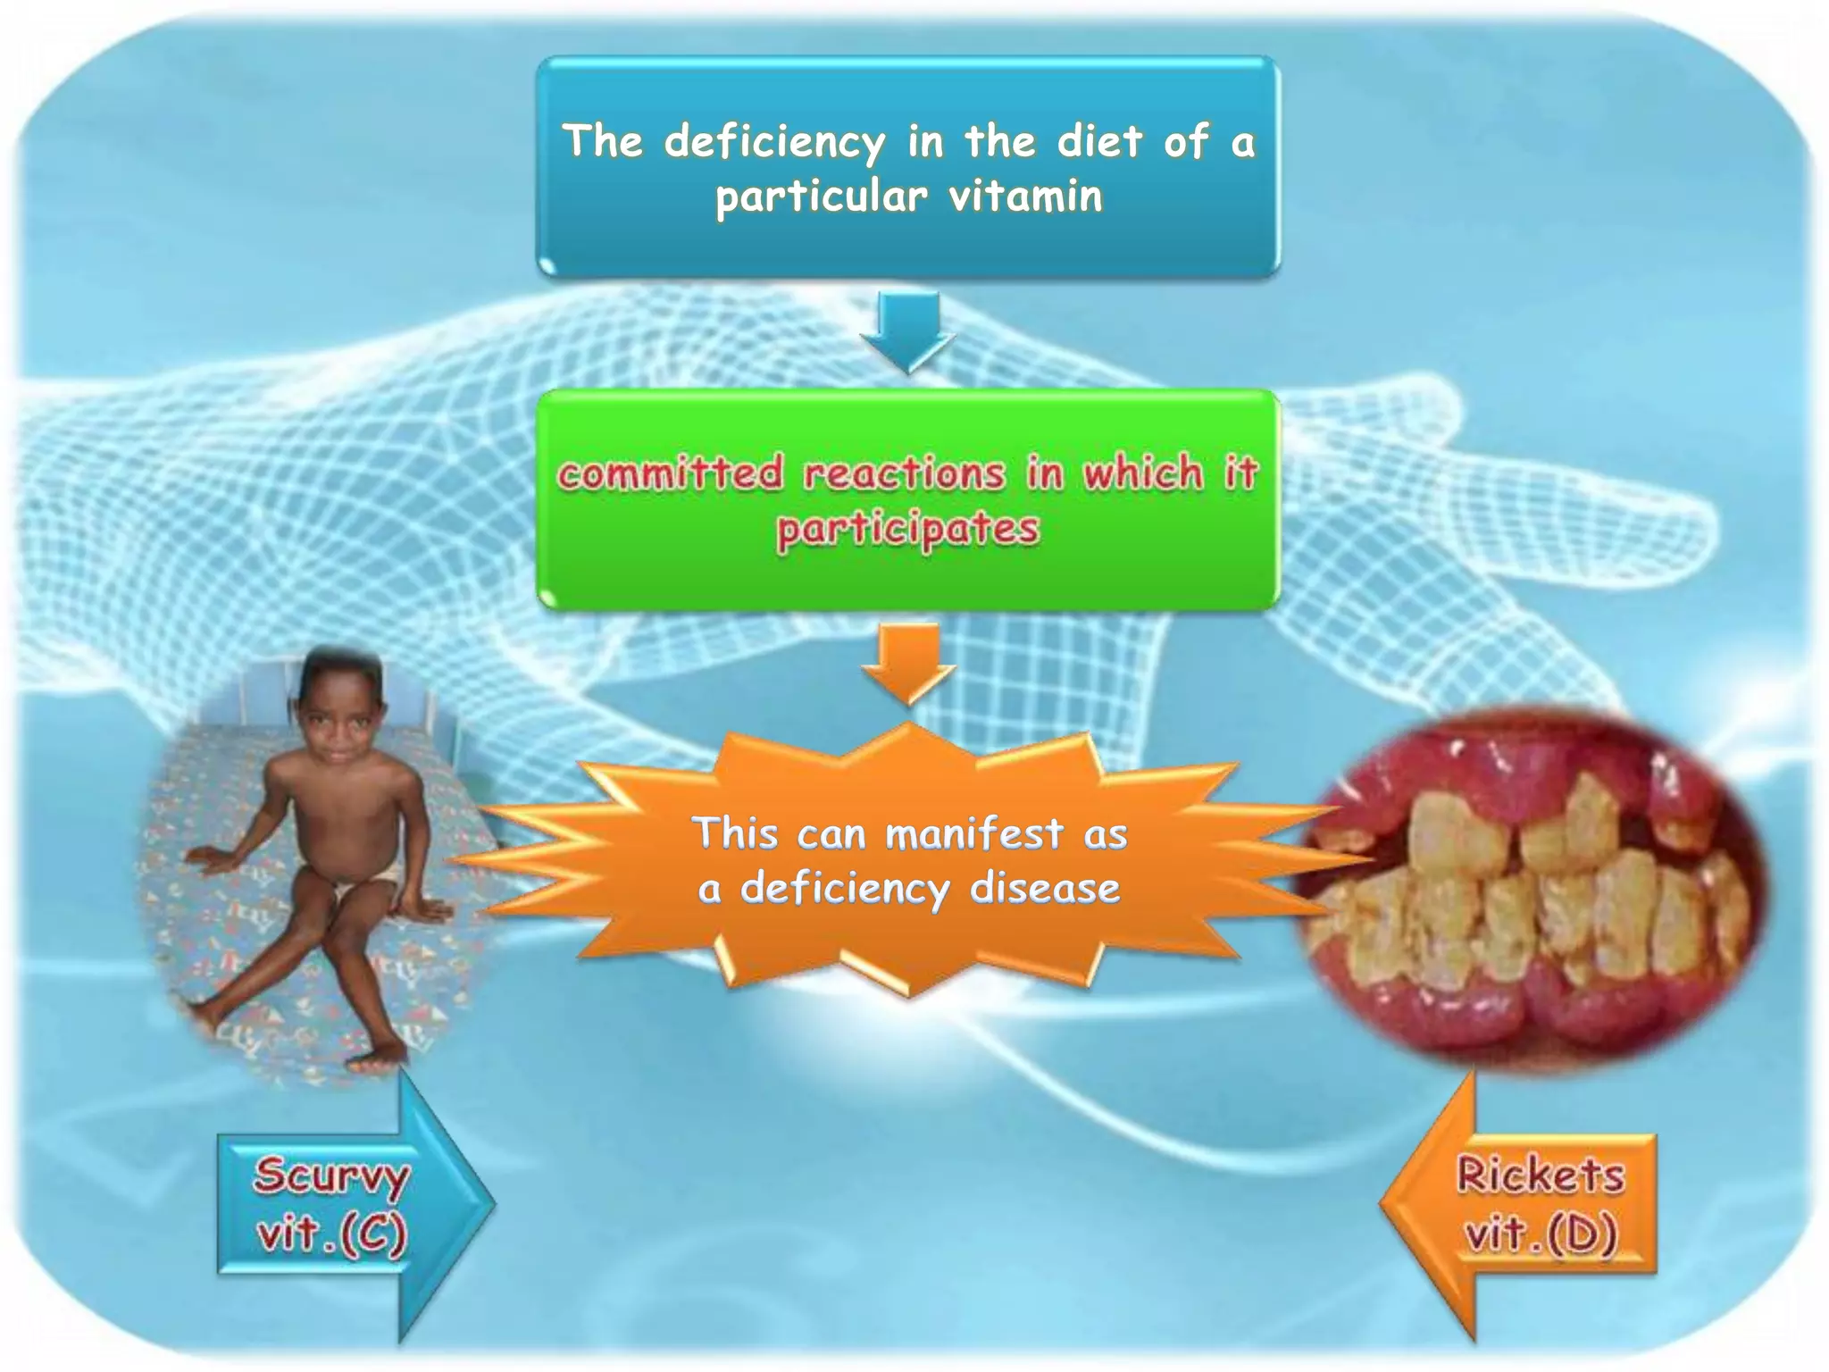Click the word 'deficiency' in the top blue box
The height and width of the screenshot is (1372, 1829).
[774, 143]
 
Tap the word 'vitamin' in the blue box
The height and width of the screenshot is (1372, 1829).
[1026, 196]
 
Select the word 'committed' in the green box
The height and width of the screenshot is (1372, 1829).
[671, 473]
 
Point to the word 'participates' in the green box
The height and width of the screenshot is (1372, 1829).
[908, 530]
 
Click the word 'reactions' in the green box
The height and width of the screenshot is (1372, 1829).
[905, 473]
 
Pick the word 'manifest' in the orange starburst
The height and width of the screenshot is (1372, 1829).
[974, 834]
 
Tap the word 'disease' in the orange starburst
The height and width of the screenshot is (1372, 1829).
[1045, 889]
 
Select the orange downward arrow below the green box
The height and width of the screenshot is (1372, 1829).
[908, 665]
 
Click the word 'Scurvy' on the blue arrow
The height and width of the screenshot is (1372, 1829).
[331, 1175]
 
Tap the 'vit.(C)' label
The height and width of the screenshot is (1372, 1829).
[331, 1234]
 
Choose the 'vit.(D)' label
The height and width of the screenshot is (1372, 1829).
[1541, 1234]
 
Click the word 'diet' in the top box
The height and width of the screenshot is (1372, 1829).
[1099, 143]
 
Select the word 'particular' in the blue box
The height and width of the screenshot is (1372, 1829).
[822, 197]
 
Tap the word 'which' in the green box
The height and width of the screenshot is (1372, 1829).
[1144, 473]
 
